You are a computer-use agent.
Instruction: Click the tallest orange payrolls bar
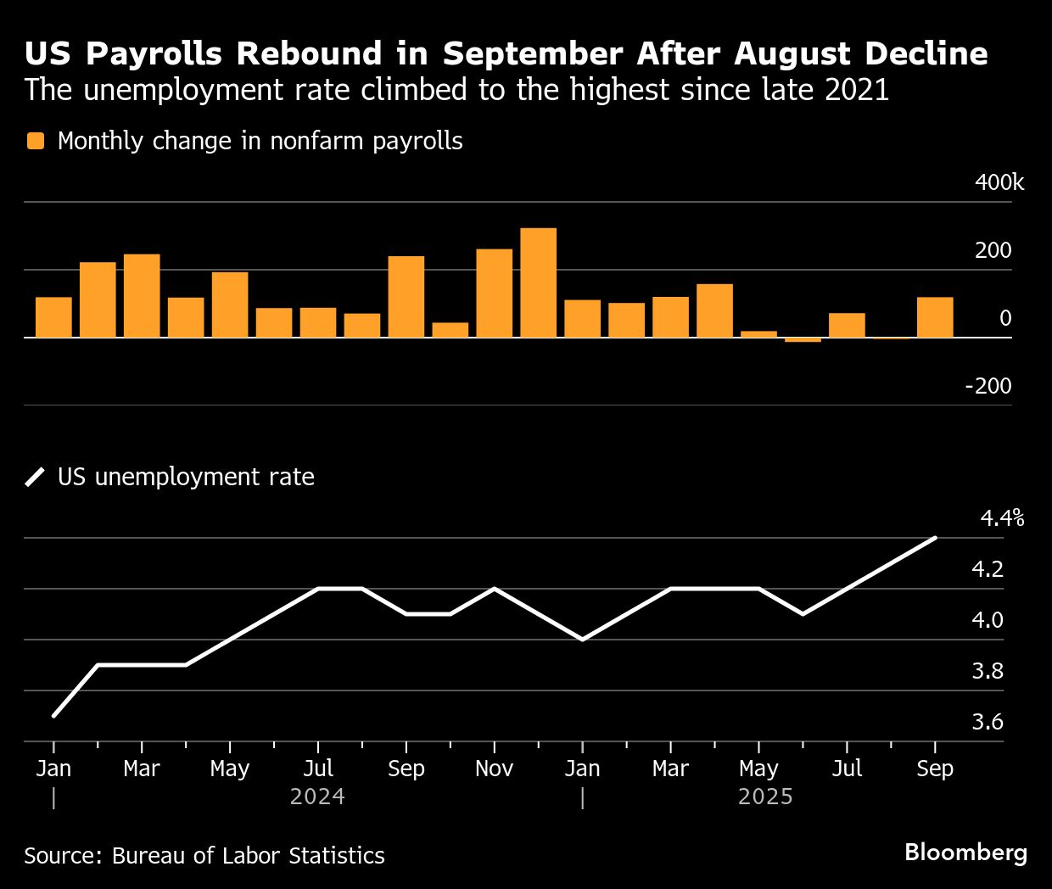coord(538,282)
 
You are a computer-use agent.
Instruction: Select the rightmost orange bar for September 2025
coord(935,317)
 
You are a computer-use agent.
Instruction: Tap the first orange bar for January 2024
coord(53,317)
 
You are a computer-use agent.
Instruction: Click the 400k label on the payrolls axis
coord(999,182)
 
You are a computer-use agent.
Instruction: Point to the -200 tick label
coord(988,386)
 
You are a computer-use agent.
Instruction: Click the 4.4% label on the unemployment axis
coord(1002,518)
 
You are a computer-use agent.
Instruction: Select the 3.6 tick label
coord(988,722)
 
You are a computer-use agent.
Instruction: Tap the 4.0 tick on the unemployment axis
coord(988,620)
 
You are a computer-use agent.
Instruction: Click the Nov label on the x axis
coord(494,769)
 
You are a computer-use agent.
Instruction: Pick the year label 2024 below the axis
coord(317,797)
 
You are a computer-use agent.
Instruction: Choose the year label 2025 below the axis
coord(765,797)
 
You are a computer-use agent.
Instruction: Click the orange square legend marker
coord(36,141)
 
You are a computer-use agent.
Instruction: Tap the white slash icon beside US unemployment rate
coord(36,477)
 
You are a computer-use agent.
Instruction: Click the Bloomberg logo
coord(965,853)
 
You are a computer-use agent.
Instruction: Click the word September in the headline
coord(533,53)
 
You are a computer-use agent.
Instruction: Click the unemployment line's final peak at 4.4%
coord(935,538)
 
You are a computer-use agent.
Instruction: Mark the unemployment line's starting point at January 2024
coord(53,716)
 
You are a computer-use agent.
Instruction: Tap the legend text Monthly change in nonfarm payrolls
coord(260,141)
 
